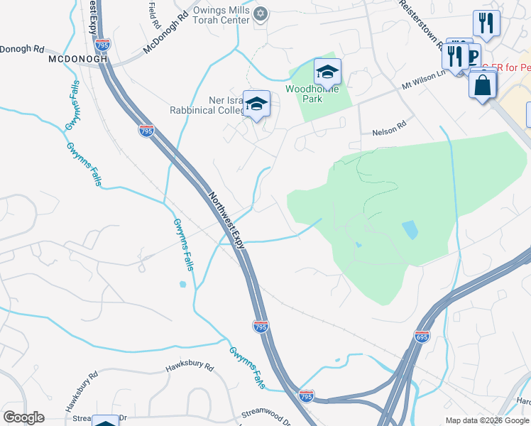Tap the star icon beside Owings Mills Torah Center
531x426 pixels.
click(x=261, y=13)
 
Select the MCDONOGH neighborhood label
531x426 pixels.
click(x=78, y=60)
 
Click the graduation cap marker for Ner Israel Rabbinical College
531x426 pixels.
click(x=256, y=104)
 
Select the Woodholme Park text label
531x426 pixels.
click(x=313, y=94)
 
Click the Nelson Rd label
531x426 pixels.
click(x=388, y=133)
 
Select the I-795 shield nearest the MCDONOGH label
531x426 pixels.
click(x=103, y=45)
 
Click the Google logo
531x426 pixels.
click(x=24, y=417)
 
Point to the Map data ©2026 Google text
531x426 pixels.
click(x=486, y=420)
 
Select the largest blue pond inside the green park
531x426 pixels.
click(x=410, y=230)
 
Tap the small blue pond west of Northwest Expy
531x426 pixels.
click(x=182, y=285)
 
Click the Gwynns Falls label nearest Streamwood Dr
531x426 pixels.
click(x=248, y=367)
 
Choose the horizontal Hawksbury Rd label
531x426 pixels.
click(x=190, y=368)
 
